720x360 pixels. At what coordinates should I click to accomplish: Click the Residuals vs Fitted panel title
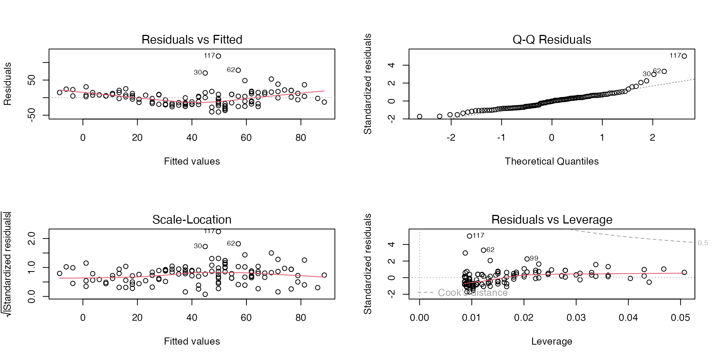point(192,40)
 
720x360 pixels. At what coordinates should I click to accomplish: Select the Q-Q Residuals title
point(552,40)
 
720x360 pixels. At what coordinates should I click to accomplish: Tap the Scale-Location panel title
point(192,220)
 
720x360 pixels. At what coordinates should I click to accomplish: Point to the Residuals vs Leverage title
point(552,220)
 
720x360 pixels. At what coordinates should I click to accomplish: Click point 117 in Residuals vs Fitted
point(218,56)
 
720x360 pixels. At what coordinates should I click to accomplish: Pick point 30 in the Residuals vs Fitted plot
point(205,73)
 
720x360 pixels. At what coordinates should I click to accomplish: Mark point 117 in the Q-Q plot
point(684,56)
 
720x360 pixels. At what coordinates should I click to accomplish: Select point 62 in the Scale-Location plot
point(238,244)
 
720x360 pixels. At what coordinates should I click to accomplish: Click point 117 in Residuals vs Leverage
point(469,236)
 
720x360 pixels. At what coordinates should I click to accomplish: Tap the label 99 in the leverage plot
point(534,258)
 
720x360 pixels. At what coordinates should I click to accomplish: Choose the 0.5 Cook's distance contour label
point(703,243)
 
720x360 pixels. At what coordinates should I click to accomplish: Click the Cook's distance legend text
point(472,293)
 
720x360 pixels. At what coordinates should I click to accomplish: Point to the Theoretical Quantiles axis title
point(552,162)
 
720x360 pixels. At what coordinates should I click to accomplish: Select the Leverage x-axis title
point(552,342)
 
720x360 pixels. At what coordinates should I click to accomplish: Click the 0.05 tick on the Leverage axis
point(680,318)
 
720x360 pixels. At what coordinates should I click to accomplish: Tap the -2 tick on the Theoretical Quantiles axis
point(451,138)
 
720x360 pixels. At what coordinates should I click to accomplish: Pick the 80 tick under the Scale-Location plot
point(301,318)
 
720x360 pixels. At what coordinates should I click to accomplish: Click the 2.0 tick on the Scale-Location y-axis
point(31,238)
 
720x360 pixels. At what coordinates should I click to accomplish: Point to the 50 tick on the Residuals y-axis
point(31,80)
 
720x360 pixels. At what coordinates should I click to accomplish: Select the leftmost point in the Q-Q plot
point(420,117)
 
